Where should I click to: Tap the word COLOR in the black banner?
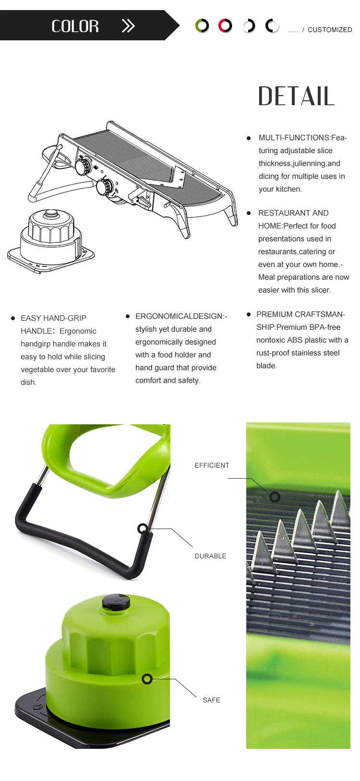pos(75,26)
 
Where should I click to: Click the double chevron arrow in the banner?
pos(128,26)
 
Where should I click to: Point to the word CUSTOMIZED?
pos(330,30)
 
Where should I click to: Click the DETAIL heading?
pos(296,96)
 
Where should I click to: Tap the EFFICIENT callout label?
pos(212,465)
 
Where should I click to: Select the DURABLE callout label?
pos(211,556)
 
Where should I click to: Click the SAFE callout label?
pos(212,700)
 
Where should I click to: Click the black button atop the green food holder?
pos(116,602)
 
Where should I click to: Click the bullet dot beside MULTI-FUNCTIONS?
pos(249,138)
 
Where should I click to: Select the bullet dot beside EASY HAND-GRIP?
pos(13,318)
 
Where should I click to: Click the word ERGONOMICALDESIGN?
pos(180,316)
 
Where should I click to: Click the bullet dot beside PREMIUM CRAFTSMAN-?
pos(249,314)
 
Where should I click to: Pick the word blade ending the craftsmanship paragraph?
pos(266,366)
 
